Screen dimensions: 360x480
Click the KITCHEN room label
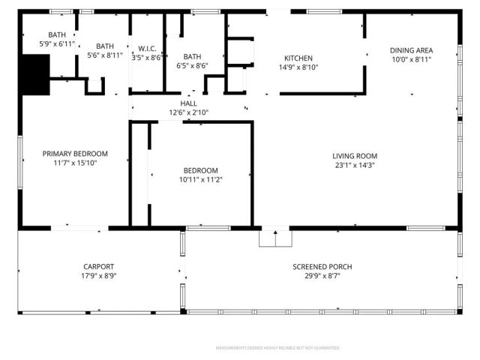tap(298, 58)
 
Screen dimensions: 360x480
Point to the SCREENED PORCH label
tap(322, 267)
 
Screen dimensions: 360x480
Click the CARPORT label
tap(98, 267)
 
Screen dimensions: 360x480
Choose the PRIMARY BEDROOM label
tap(75, 153)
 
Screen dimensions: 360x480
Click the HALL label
tap(188, 103)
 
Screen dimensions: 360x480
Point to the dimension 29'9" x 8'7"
tap(322, 276)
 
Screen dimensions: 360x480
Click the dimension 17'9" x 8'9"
tap(98, 276)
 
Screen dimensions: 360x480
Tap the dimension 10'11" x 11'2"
tap(200, 179)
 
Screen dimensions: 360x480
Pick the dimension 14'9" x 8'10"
tap(298, 67)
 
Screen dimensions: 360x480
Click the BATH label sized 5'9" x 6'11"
tap(57, 35)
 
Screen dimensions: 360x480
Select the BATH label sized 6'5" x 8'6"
tap(192, 56)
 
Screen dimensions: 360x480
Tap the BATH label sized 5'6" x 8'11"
tap(104, 46)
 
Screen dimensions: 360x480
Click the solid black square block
tap(34, 76)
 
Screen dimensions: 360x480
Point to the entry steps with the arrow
tap(274, 238)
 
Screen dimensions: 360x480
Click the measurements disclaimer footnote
tap(277, 348)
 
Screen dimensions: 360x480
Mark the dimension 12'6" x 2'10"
tap(188, 112)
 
